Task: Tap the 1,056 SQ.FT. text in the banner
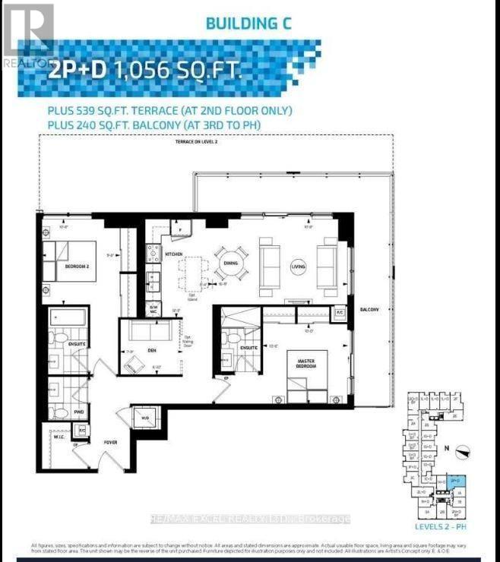179,71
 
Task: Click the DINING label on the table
230,264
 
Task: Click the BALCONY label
369,310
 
